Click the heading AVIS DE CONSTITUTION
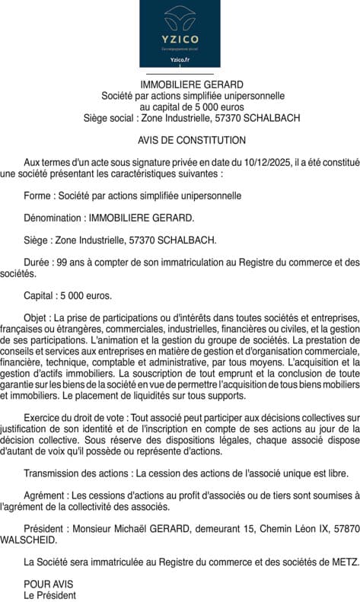[x=192, y=140]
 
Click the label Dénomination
[x=53, y=218]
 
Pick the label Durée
[x=37, y=262]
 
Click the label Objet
[x=37, y=317]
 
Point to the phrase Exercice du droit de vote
[x=74, y=418]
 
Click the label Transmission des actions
[x=71, y=473]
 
